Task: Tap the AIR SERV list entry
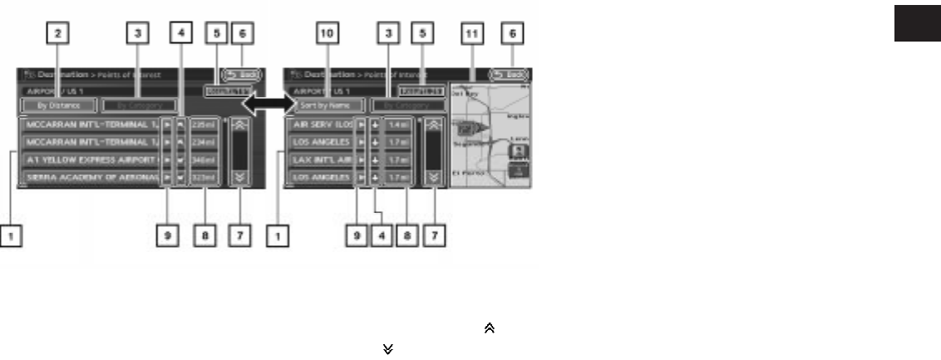[x=319, y=125]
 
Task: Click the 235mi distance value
[x=204, y=125]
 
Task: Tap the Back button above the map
[x=508, y=74]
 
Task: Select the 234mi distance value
[x=204, y=141]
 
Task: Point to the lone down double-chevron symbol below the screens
[x=387, y=349]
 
